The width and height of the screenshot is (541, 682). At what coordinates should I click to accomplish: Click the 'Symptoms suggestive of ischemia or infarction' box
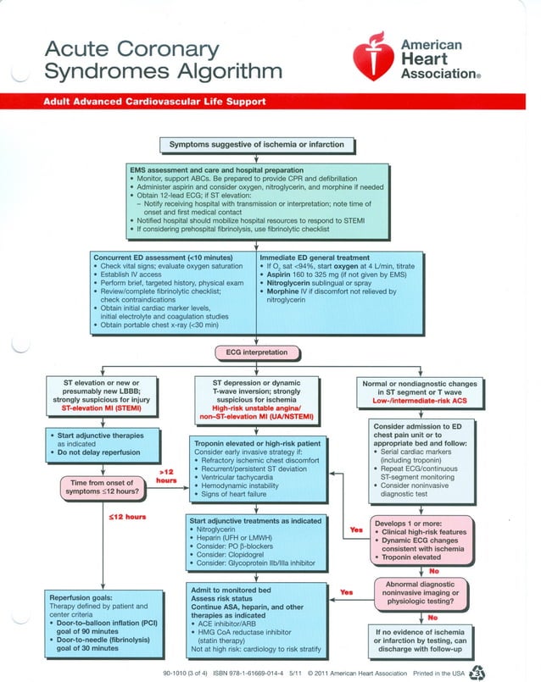click(x=257, y=145)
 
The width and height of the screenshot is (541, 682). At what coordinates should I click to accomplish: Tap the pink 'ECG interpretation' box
click(x=256, y=352)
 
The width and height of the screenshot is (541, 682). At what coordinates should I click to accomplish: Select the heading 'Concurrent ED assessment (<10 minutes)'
click(x=158, y=255)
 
